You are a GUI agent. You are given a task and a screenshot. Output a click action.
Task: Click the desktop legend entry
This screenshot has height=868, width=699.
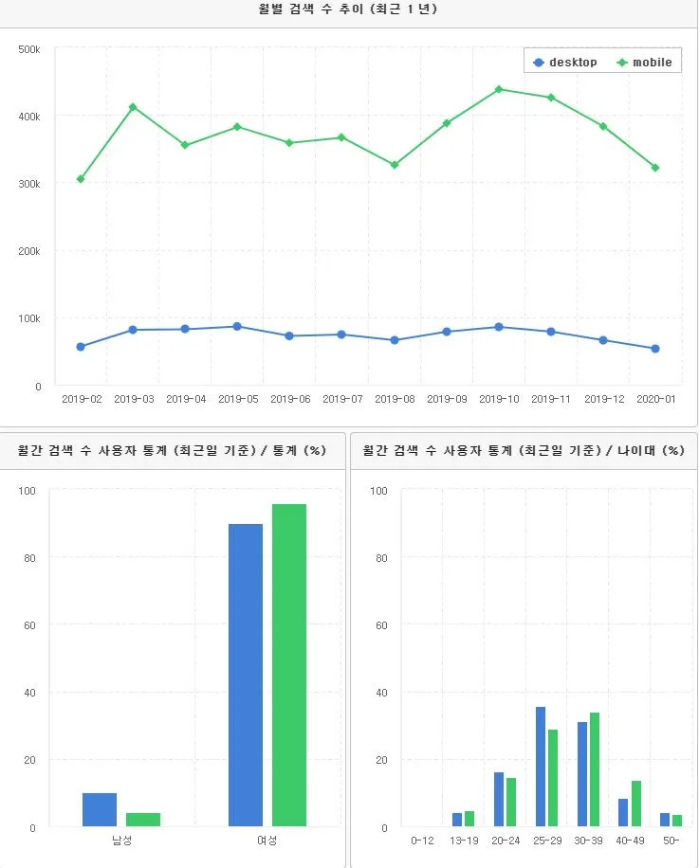565,63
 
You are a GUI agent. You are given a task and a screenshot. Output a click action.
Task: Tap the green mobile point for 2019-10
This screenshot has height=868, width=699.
498,89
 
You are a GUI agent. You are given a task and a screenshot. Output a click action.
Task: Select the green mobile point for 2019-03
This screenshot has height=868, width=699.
133,107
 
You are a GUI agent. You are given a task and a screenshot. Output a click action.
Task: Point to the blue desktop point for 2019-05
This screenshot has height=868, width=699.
237,326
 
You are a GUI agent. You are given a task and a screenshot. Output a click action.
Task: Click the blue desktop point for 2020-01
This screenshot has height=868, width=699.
654,349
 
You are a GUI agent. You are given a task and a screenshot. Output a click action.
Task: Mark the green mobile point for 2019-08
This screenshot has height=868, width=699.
394,165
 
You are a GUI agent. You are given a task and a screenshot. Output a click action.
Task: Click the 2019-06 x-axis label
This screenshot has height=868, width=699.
289,400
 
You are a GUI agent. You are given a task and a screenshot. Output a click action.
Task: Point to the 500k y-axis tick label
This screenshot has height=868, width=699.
28,49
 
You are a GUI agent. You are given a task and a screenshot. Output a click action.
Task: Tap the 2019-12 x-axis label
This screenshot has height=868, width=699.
602,400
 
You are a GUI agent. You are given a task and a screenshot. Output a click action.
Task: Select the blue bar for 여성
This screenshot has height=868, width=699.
246,676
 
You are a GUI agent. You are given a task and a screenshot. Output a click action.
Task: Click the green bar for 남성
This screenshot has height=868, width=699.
143,820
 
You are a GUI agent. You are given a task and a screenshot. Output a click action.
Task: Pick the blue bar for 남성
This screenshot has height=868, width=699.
100,810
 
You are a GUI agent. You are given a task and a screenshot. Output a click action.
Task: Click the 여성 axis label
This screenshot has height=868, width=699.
267,841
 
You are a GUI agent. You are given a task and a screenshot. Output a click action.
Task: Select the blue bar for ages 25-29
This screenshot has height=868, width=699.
541,767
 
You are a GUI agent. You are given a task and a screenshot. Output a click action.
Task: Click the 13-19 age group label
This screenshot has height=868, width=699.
463,841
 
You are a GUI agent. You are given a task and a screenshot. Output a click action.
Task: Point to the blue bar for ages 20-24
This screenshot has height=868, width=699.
499,800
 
